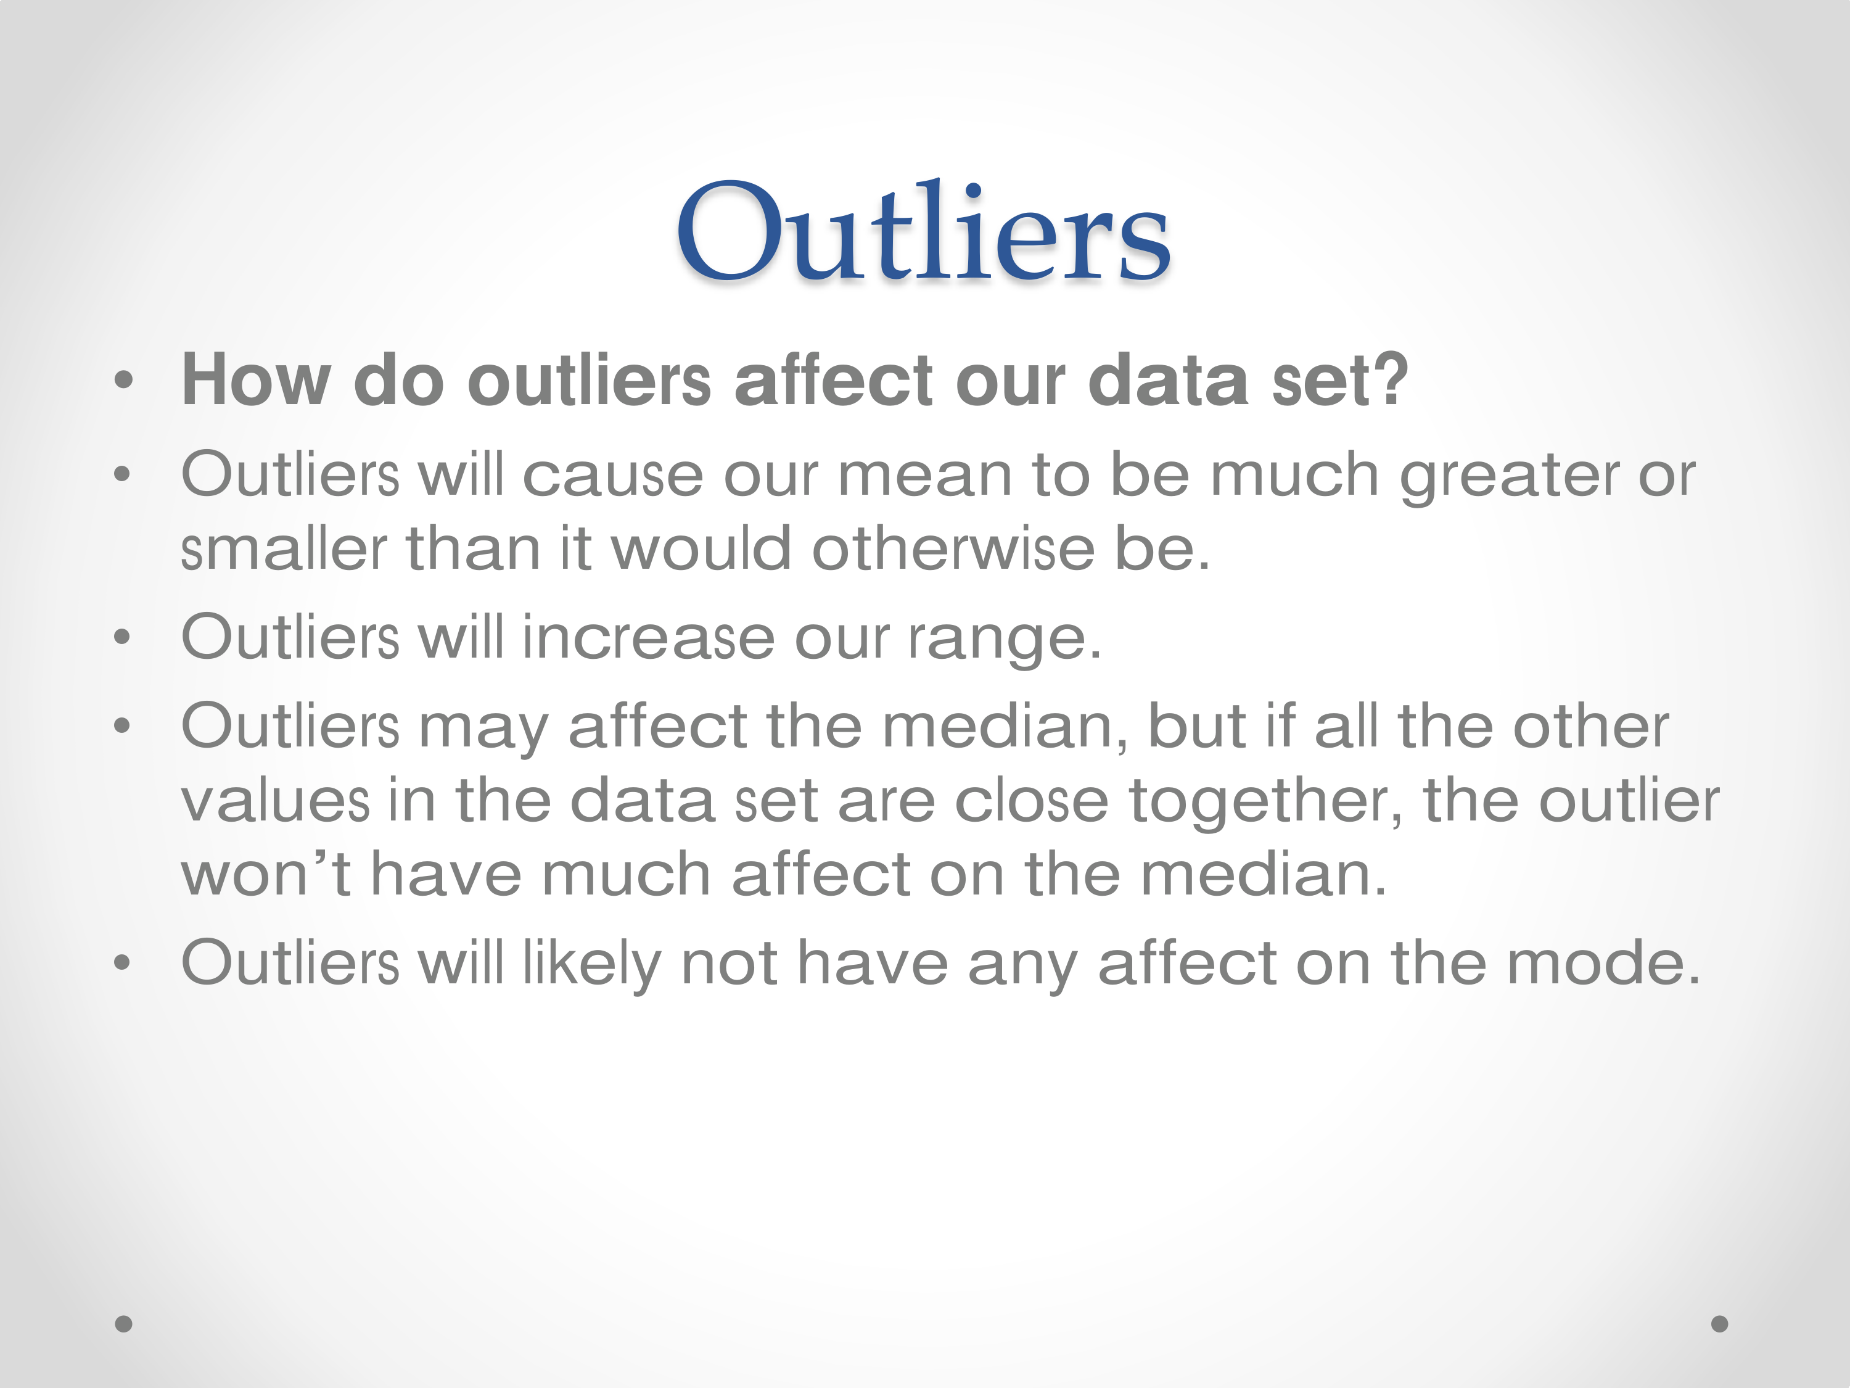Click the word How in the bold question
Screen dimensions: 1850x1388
click(x=257, y=380)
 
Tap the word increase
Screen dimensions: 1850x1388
click(x=648, y=637)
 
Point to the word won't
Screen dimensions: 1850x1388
click(x=266, y=874)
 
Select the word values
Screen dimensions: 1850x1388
click(x=276, y=801)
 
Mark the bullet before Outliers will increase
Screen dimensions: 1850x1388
click(x=122, y=637)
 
